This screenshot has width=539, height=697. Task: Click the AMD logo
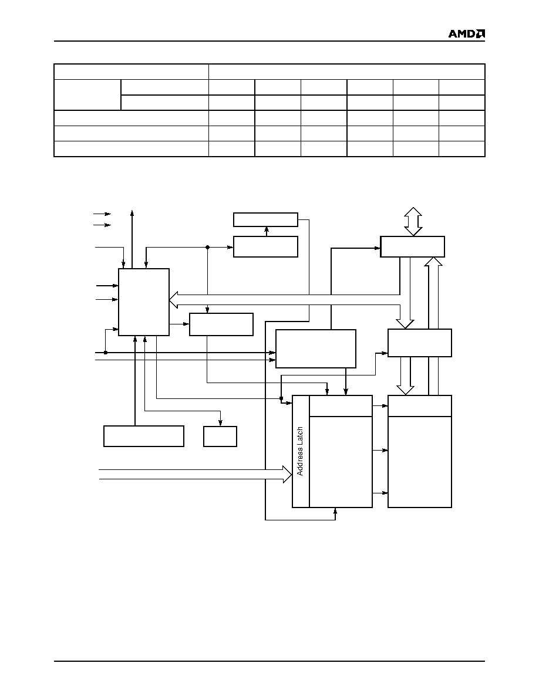467,34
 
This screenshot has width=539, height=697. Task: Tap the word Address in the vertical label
300,460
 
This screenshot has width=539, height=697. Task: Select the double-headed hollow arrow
413,221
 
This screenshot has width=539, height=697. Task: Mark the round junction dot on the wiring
207,247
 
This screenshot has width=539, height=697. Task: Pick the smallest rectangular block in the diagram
220,437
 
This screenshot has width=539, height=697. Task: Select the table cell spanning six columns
347,72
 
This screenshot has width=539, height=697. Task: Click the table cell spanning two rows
87,94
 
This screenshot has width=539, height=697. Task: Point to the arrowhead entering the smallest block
220,423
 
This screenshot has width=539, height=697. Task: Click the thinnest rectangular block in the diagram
265,219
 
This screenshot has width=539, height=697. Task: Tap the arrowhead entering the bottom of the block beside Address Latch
335,511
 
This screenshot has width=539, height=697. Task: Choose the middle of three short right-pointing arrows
380,451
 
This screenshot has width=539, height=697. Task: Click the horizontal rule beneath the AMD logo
269,41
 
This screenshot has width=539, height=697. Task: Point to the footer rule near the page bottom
269,661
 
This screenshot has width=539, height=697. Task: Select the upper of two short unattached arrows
102,214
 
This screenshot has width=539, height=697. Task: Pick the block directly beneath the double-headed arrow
413,246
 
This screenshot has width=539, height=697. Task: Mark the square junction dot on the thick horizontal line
106,353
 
